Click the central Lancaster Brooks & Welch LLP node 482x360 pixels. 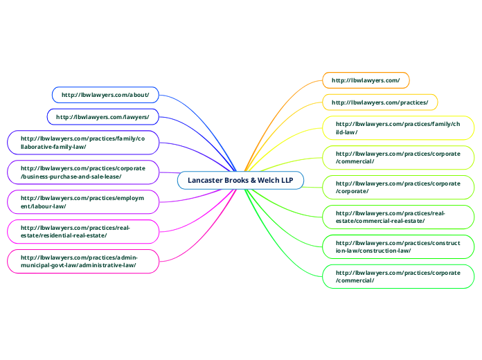(240, 181)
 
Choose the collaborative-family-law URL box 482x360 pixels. (82, 143)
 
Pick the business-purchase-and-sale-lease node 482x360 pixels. (82, 172)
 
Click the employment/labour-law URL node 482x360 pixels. (82, 201)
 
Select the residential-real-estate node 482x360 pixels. (82, 231)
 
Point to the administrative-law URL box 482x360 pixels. (82, 260)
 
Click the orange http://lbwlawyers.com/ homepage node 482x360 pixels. (366, 80)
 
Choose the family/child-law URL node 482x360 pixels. (398, 127)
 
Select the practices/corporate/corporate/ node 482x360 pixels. (398, 186)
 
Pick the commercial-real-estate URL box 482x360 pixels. (398, 217)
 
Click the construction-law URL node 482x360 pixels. (398, 246)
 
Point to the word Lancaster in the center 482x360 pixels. (206, 181)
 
